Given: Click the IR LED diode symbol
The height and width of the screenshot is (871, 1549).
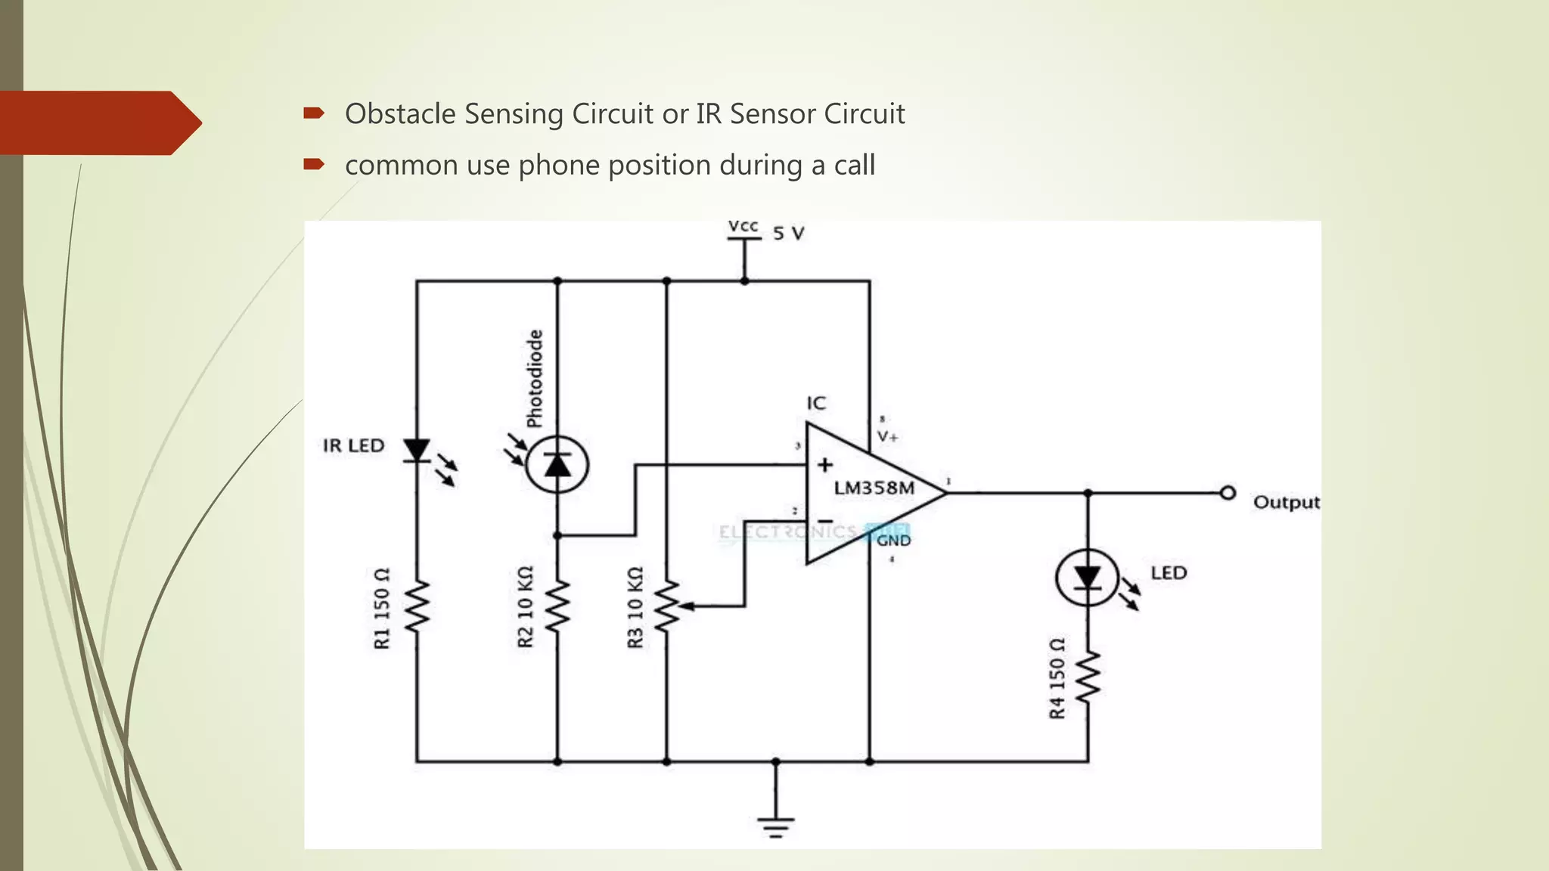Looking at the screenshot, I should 417,451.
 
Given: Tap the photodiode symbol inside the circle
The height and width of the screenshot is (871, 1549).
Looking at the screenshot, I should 557,464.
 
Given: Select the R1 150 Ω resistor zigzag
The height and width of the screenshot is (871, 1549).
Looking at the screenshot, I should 417,607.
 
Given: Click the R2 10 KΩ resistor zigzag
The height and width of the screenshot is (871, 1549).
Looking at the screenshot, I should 557,607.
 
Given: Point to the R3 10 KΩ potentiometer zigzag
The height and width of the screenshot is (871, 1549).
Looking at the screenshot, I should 666,607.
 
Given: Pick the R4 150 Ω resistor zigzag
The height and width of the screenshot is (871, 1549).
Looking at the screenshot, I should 1088,678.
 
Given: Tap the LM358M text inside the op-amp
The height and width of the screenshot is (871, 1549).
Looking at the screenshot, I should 874,488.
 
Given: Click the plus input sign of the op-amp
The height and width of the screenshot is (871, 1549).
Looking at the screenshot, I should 825,464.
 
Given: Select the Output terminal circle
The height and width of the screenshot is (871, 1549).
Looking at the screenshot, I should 1228,493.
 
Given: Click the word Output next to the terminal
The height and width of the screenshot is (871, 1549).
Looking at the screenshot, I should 1286,502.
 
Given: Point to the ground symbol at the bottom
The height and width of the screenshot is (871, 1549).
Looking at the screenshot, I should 776,826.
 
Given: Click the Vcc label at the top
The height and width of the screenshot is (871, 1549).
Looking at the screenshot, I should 743,226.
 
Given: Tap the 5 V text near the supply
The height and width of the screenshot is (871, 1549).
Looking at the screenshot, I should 788,234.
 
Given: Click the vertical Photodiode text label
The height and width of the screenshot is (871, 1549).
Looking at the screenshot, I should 535,378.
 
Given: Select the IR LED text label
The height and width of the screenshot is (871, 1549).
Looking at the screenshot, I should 353,446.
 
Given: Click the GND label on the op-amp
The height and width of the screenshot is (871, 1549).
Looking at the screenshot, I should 893,541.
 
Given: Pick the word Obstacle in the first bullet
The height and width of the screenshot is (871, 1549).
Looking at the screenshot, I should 400,114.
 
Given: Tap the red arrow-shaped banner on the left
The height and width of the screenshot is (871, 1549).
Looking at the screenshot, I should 98,122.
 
